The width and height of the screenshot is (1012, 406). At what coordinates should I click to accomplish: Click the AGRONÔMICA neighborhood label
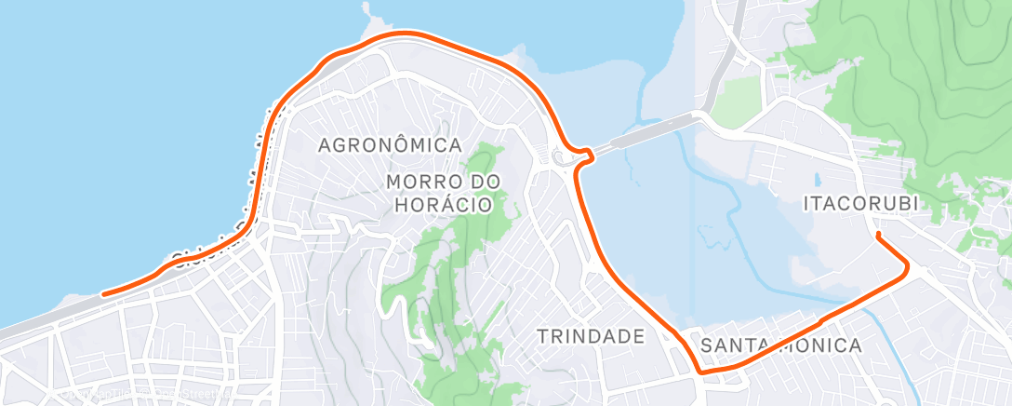point(390,145)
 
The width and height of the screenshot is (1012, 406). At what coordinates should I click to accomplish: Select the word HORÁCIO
point(443,204)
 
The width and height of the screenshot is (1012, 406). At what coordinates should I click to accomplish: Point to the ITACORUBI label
point(866,202)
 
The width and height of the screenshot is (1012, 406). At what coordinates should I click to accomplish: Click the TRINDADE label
point(591,336)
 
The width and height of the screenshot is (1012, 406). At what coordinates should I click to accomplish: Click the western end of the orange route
point(103,294)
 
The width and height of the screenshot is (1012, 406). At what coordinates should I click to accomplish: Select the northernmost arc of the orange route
point(405,34)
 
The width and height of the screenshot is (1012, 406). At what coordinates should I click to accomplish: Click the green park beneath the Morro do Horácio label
point(456,270)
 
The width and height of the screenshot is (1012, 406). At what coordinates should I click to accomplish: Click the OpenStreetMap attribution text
point(140,395)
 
